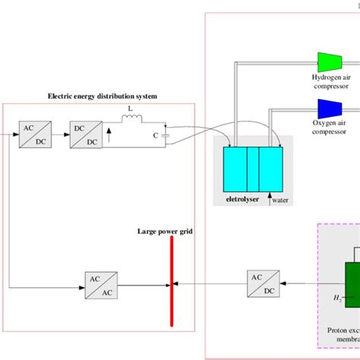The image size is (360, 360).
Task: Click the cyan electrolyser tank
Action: (x=253, y=168)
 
